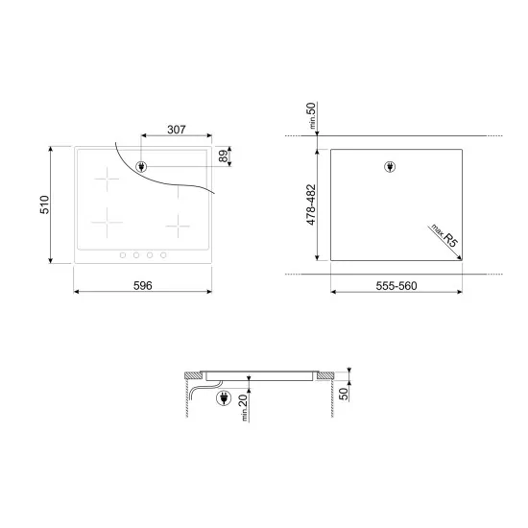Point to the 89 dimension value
tap(225, 156)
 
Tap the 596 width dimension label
tap(142, 287)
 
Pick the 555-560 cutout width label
tap(396, 287)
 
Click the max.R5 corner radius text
tap(443, 235)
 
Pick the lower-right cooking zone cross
tap(180, 226)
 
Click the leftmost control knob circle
tap(122, 254)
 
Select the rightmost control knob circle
tap(162, 254)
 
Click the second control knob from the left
tap(135, 254)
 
